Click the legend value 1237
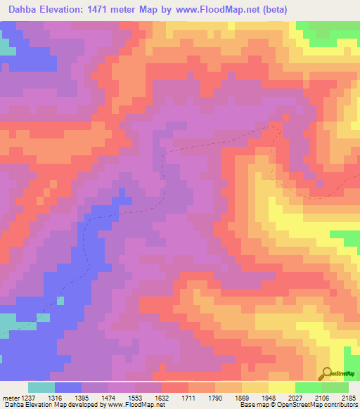click(x=28, y=397)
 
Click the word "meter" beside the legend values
click(x=9, y=397)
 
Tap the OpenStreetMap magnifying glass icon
click(x=326, y=374)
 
